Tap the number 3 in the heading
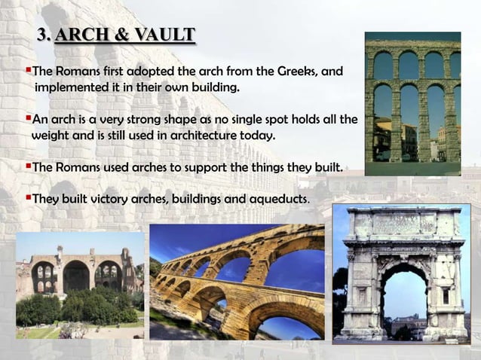[42, 35]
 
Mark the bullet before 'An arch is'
[28, 119]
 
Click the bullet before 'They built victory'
[28, 197]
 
